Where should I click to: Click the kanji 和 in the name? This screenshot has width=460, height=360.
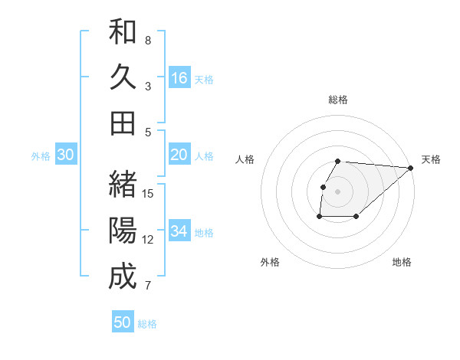(x=123, y=32)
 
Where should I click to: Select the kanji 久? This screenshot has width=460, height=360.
(x=123, y=77)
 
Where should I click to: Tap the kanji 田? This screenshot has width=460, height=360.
(x=123, y=123)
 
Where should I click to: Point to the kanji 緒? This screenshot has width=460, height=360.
(x=123, y=185)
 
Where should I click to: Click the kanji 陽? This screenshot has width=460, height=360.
(x=123, y=231)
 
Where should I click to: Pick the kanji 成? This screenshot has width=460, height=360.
(x=123, y=277)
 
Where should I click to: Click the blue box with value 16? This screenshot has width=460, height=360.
(x=179, y=78)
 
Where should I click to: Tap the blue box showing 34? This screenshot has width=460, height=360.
(x=179, y=231)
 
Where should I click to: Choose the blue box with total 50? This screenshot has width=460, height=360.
(x=123, y=322)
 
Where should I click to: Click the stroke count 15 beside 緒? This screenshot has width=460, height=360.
(x=149, y=194)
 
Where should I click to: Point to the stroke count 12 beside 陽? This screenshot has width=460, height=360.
(x=149, y=240)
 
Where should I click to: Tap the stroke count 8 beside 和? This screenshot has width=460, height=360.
(x=148, y=40)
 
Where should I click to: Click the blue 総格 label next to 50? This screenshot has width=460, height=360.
(x=147, y=324)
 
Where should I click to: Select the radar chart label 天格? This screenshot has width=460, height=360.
(x=431, y=159)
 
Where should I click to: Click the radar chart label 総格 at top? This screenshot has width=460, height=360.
(x=338, y=100)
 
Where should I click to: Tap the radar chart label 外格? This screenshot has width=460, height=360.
(x=270, y=262)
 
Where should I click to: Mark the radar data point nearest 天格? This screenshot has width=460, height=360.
(x=410, y=168)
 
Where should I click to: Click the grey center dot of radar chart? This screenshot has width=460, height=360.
(x=337, y=191)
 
